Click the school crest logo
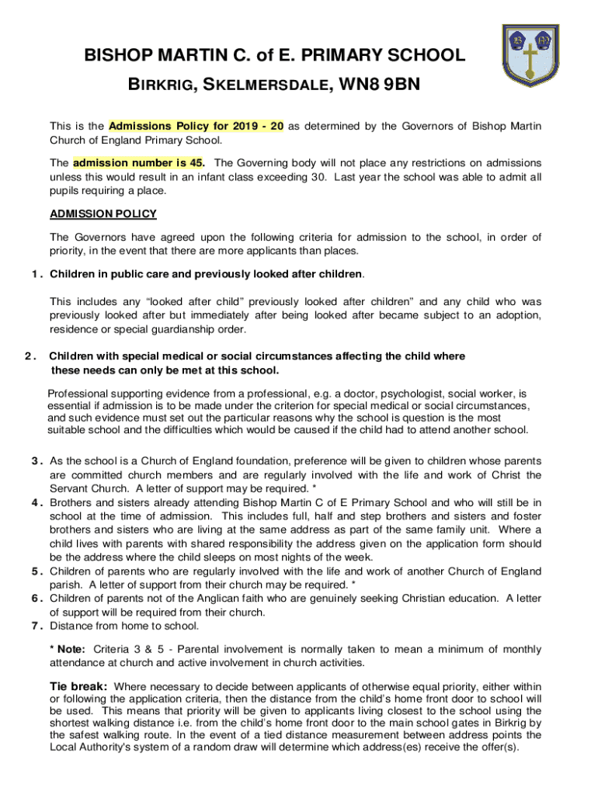[x=529, y=57]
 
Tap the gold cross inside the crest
[x=529, y=61]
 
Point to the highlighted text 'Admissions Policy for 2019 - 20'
[x=196, y=126]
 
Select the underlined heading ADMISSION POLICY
[x=103, y=214]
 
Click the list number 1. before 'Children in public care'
[x=36, y=274]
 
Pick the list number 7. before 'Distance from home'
[x=36, y=625]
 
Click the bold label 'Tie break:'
[x=82, y=686]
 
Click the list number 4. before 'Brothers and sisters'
[x=36, y=502]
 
